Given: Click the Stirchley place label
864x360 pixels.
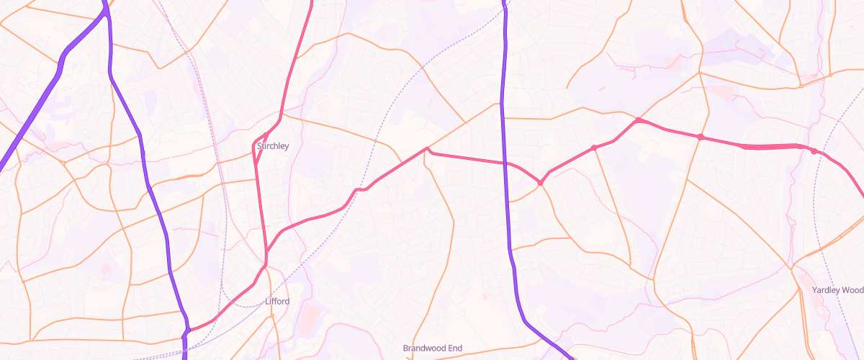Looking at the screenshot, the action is [273, 146].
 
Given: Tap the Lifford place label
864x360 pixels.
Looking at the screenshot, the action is [277, 301].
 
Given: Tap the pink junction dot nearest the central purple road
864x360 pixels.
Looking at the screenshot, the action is [540, 183].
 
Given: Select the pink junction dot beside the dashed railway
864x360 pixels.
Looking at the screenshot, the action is [814, 151].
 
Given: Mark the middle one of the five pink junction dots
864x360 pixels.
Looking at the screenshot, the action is [638, 120].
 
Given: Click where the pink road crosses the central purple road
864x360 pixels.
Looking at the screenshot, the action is [506, 163].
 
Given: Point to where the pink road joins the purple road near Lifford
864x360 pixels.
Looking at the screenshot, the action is [186, 331].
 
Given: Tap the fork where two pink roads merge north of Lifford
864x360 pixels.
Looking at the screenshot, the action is [266, 252].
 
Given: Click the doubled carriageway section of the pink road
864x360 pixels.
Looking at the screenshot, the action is [770, 146].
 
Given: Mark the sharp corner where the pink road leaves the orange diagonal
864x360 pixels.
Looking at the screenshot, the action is [428, 149].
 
